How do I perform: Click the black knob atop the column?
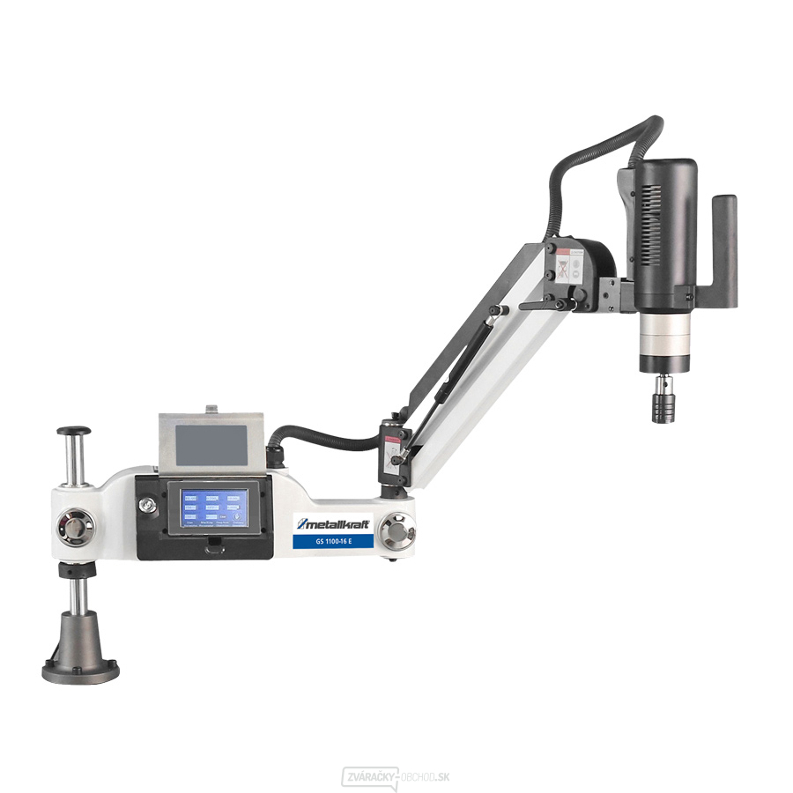[74, 432]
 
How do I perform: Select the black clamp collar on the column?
[77, 572]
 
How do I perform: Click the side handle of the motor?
[724, 240]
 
